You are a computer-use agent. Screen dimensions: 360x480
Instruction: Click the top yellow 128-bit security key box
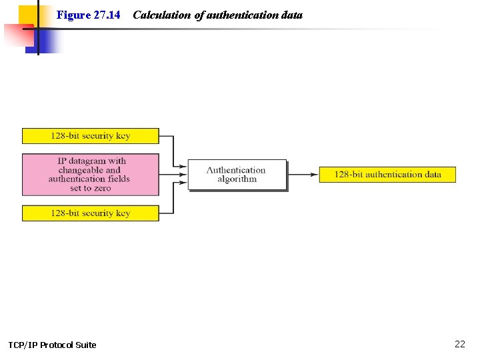click(x=91, y=136)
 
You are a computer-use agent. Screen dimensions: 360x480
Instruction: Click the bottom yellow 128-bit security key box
click(x=91, y=213)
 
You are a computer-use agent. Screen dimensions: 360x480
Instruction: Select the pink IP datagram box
click(x=91, y=175)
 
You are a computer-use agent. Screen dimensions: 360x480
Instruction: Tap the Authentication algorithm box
click(x=237, y=175)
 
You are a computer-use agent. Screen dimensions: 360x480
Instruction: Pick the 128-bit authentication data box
click(x=387, y=175)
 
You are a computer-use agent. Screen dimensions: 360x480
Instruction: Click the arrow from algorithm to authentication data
click(x=303, y=175)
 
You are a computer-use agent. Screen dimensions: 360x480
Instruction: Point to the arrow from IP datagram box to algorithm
click(x=173, y=175)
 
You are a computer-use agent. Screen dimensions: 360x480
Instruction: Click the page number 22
click(x=460, y=344)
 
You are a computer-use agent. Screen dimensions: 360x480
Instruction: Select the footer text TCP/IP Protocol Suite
click(x=52, y=345)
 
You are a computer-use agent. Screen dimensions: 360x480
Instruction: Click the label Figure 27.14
click(x=89, y=15)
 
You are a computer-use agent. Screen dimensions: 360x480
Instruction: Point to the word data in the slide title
click(x=292, y=15)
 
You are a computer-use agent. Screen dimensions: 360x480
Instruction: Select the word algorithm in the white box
click(x=237, y=179)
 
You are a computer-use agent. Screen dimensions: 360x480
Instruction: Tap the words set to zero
click(x=91, y=188)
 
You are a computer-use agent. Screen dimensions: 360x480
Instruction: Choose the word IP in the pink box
click(x=62, y=161)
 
